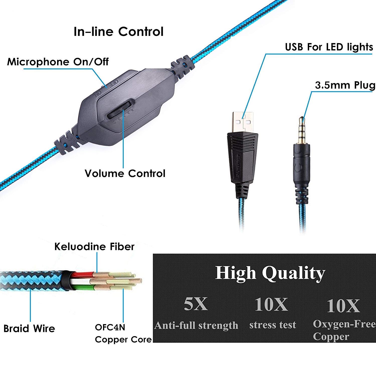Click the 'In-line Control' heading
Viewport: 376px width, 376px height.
119,32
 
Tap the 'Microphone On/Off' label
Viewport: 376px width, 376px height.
58,62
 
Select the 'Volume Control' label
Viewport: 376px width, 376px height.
125,173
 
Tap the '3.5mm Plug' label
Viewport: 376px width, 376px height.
345,85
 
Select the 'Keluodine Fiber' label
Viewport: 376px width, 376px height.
95,247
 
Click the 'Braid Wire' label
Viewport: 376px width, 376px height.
29,329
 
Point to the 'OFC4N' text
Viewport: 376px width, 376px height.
110,327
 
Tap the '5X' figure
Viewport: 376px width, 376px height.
196,304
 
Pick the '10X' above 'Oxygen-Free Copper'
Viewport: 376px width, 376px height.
343,306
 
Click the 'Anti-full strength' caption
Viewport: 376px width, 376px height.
196,325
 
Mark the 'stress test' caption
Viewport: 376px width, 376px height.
273,325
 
